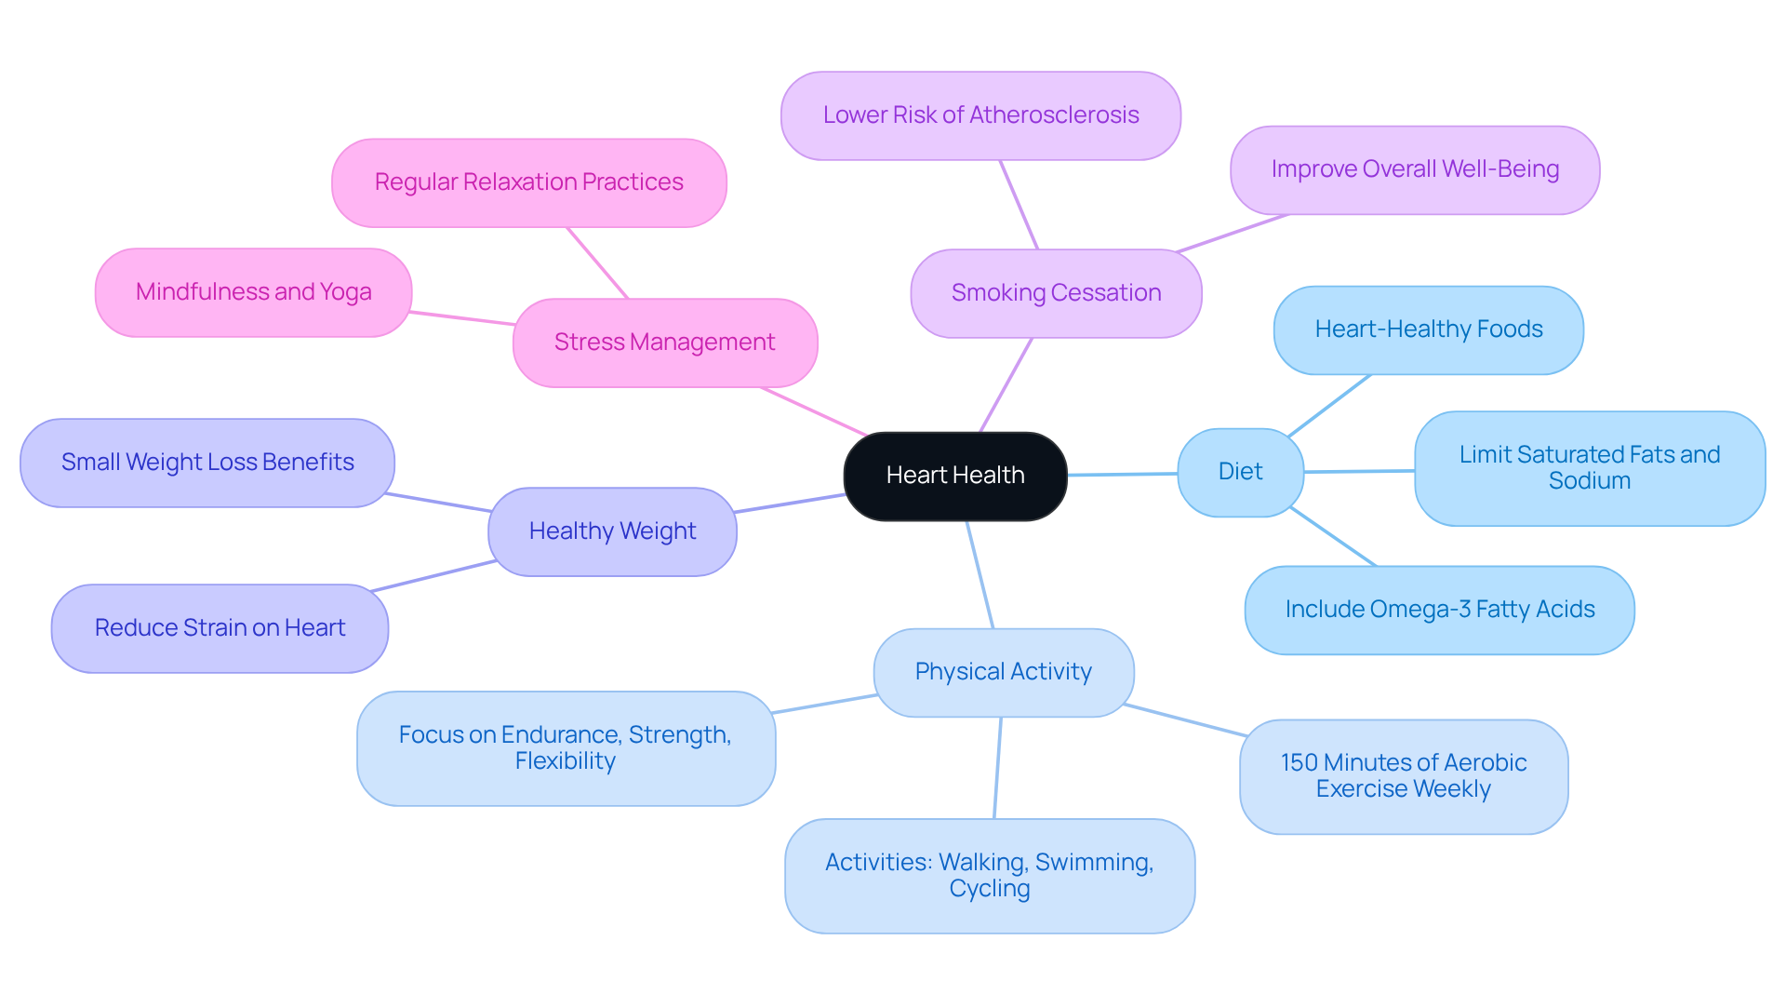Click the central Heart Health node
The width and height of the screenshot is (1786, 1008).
coord(954,476)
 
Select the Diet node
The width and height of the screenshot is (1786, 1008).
coord(1239,472)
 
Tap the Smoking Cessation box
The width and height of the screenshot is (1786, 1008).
coord(1056,293)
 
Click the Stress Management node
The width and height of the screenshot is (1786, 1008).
coord(664,343)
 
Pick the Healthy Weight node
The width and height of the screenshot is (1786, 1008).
coord(612,531)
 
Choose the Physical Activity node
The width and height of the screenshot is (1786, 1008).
coord(1003,672)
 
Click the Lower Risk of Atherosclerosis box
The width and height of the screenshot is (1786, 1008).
coord(980,115)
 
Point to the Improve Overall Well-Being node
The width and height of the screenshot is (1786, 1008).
coord(1414,169)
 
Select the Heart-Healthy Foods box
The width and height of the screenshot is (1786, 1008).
coord(1428,329)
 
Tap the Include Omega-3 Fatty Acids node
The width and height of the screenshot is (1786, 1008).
coord(1439,610)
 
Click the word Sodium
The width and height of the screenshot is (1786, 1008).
coord(1589,481)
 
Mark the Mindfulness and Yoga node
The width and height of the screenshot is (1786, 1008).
coord(253,292)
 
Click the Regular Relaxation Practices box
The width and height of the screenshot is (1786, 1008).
coord(528,182)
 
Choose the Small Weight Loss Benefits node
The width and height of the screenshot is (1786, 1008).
coord(207,463)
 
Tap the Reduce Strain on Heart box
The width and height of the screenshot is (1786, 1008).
coord(220,628)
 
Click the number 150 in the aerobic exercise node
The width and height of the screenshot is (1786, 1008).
coord(1299,763)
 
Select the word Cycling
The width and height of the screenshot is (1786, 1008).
coord(989,889)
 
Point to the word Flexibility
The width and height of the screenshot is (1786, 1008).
coord(565,761)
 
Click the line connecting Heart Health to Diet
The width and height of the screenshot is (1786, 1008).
coord(1122,475)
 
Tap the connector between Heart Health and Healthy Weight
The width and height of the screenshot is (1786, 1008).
coord(791,504)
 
